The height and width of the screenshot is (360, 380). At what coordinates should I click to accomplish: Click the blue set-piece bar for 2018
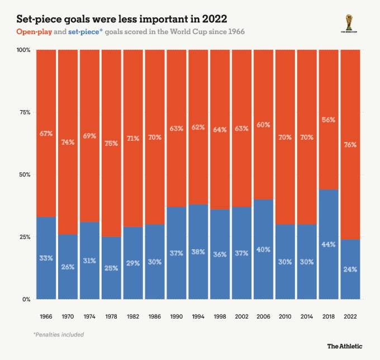(329, 244)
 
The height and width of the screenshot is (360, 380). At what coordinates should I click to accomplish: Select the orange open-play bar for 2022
(350, 145)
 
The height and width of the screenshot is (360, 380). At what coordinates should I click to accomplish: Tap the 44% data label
(329, 244)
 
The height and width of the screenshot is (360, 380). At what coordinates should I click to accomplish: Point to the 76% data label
(350, 145)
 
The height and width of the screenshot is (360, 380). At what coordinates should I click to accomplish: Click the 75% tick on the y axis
(25, 112)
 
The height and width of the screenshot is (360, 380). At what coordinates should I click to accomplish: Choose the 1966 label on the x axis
(46, 316)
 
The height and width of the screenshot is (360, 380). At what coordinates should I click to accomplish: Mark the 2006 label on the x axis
(263, 316)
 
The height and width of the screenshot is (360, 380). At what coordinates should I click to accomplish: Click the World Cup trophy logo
(349, 23)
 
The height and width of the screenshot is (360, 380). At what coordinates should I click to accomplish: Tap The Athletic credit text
(345, 346)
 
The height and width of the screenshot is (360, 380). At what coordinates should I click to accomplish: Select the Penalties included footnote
(59, 334)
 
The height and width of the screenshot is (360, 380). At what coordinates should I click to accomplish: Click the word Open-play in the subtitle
(34, 32)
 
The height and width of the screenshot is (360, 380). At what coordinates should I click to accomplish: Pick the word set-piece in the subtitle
(84, 32)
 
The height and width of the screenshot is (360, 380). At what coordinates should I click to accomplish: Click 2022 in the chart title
(215, 19)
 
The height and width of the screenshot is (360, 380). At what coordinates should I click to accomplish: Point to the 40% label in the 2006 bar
(263, 249)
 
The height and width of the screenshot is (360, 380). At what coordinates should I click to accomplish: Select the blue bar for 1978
(111, 268)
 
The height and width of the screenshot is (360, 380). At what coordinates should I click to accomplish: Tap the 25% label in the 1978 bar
(111, 268)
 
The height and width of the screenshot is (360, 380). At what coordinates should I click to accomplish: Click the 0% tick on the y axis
(26, 300)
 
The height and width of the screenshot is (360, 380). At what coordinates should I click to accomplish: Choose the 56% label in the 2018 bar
(329, 120)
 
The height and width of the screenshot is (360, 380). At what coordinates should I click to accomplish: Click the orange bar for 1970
(68, 142)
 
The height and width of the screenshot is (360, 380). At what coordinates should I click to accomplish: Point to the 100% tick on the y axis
(23, 50)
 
